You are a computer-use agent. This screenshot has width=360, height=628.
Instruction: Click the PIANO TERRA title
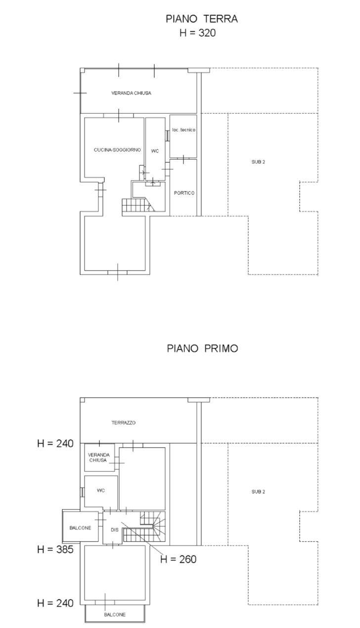click(202, 19)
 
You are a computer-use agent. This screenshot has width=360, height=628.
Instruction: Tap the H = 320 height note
click(198, 33)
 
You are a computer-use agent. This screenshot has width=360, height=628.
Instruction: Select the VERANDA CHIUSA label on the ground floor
click(131, 93)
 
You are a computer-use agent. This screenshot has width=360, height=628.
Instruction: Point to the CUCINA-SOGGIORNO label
click(117, 150)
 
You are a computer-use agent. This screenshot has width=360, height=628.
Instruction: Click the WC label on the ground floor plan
click(155, 151)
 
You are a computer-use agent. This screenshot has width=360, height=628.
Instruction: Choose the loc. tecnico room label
click(183, 130)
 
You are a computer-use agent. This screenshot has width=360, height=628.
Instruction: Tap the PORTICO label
click(184, 193)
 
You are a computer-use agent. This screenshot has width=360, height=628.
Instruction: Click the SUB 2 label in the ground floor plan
click(259, 162)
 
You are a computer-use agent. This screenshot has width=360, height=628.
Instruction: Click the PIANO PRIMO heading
click(202, 348)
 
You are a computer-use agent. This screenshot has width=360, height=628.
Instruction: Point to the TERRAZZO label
click(123, 423)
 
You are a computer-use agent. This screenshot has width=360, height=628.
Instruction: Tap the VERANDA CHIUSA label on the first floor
click(98, 457)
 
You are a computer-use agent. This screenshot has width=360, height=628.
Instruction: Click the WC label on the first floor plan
click(101, 491)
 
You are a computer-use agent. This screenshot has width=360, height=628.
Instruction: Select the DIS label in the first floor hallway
click(115, 530)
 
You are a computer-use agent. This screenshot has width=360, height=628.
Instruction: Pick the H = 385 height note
click(55, 549)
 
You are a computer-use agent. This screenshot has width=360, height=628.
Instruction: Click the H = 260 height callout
click(179, 559)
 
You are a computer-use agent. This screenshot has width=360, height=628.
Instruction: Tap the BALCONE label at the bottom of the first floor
click(115, 615)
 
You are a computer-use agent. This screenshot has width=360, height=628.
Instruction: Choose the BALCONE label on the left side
click(80, 528)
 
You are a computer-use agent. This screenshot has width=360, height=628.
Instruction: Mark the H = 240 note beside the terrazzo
click(55, 443)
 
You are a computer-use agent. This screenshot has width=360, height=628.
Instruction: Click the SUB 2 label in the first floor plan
click(259, 492)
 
